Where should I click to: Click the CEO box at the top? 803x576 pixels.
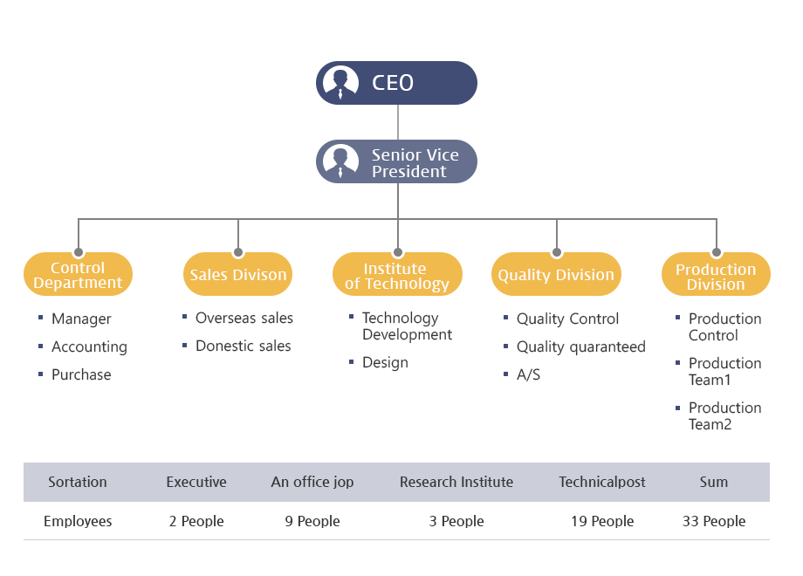pos(396,83)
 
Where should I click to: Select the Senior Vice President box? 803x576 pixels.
pos(396,161)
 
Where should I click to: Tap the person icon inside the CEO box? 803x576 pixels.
pos(340,83)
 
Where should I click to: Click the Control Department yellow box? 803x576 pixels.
pos(78,274)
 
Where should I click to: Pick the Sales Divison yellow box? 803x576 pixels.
pos(237,274)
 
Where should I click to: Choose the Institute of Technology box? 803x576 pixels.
pos(397,274)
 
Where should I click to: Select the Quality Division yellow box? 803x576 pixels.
pos(556,274)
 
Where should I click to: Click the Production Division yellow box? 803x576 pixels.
pos(716,274)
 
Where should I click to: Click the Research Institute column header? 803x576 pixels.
pos(456,482)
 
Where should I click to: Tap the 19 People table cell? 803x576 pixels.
pos(602,521)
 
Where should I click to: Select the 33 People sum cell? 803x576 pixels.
pos(714,521)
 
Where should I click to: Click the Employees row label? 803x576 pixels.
pos(78,521)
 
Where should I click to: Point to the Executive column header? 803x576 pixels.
pos(196,482)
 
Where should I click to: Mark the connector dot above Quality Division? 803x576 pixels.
pos(557,252)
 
